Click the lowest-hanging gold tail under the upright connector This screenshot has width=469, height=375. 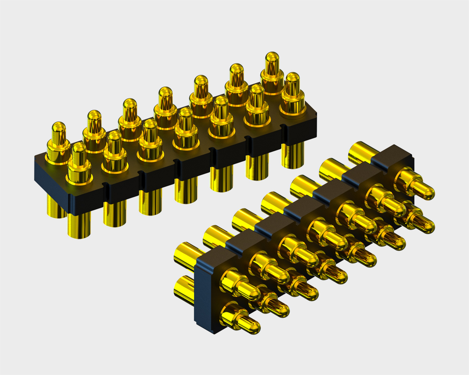[x=79, y=225]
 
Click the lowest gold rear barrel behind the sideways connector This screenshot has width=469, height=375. [x=184, y=287]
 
